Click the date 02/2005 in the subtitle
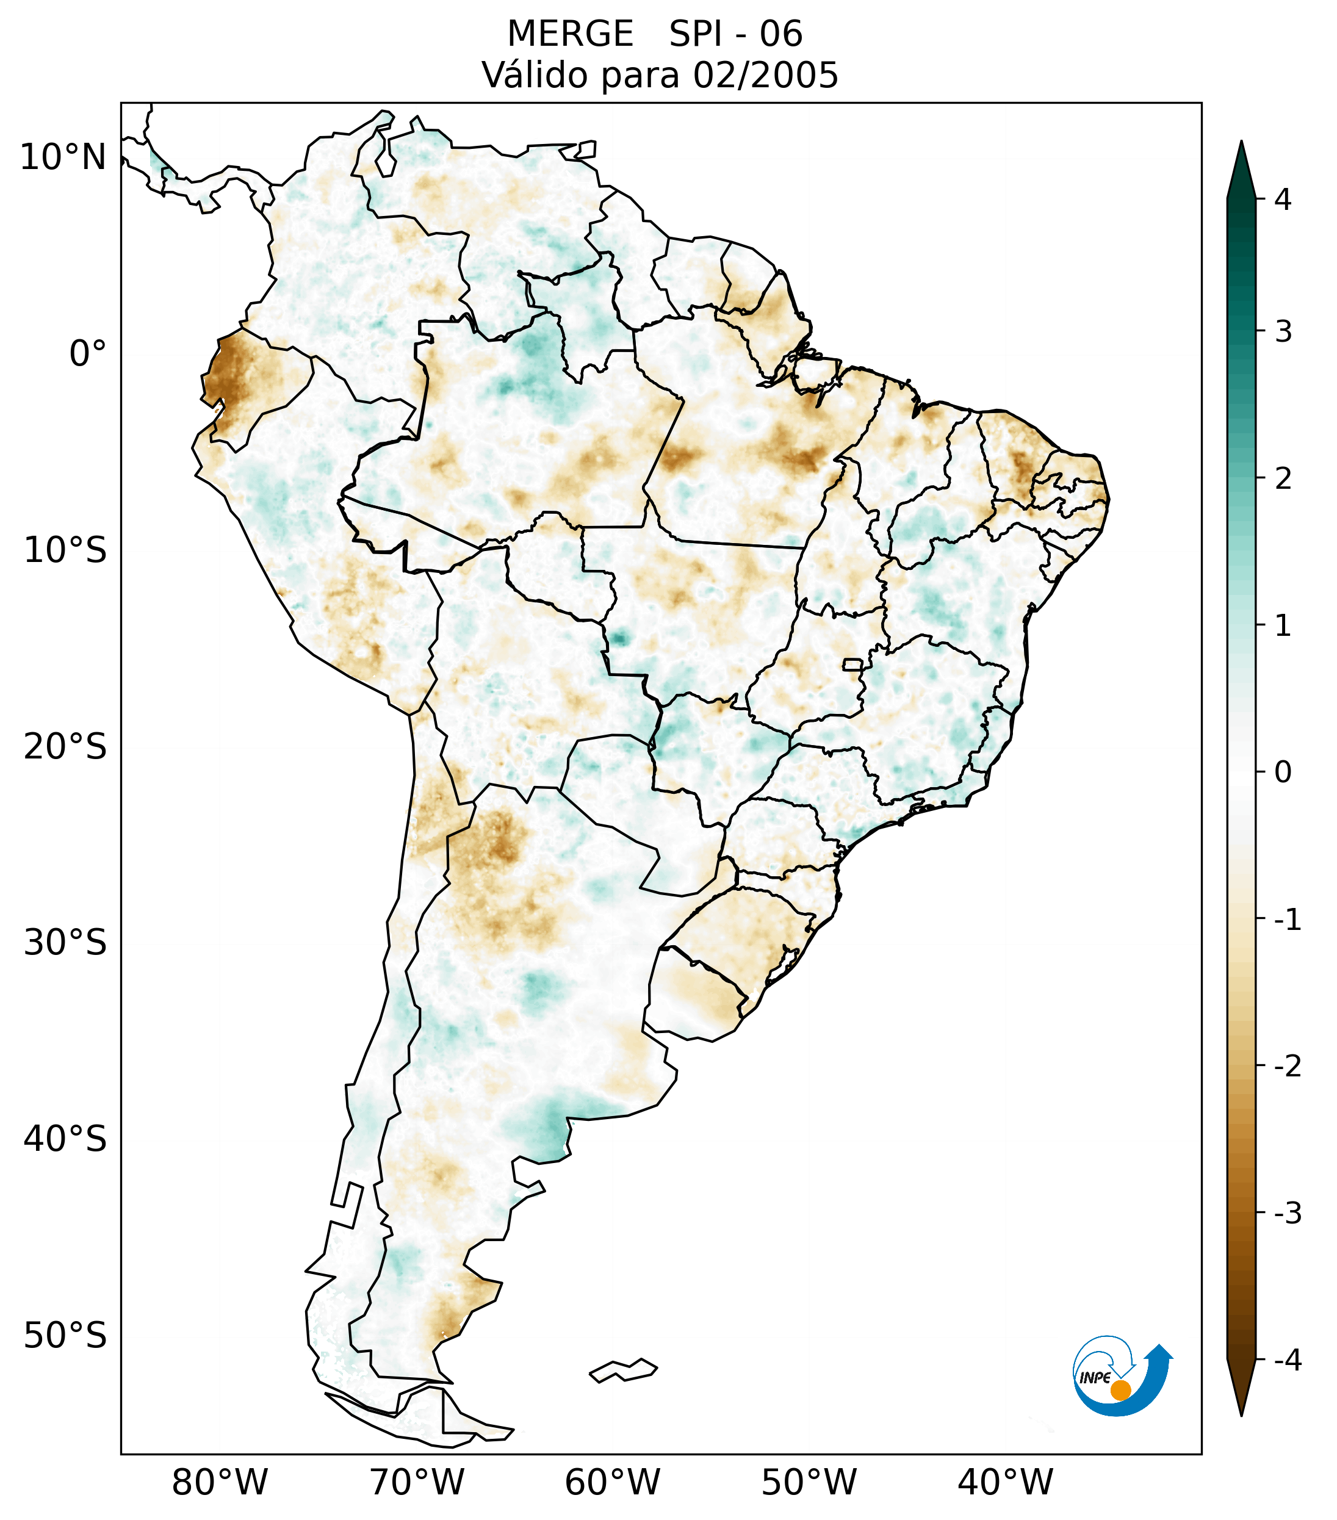765,75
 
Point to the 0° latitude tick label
88,354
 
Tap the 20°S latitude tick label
65,747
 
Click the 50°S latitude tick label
65,1336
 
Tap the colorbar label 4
1283,200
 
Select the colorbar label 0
1283,773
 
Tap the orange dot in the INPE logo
1120,1391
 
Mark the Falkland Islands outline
623,1371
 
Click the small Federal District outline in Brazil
853,664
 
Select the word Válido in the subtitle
528,75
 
